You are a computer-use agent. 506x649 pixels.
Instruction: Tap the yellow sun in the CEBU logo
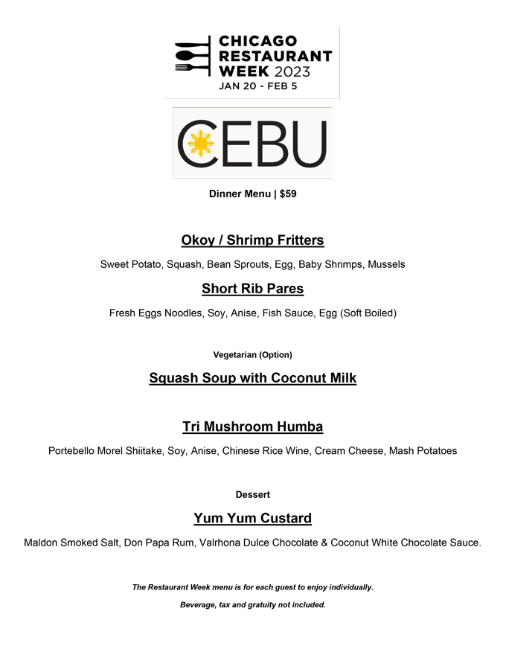tap(200, 143)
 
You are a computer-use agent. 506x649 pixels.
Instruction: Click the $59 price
tap(288, 194)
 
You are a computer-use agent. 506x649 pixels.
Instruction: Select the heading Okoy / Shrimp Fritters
tap(252, 240)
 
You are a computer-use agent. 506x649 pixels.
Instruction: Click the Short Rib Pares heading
tap(252, 288)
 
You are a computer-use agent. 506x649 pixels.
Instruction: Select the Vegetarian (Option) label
tap(252, 354)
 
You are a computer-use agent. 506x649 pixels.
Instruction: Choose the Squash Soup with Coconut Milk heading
tap(252, 378)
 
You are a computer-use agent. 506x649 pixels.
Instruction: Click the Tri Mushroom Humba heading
tap(252, 426)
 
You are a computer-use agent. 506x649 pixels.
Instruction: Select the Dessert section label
tap(252, 494)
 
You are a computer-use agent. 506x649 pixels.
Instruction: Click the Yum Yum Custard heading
tap(252, 518)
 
